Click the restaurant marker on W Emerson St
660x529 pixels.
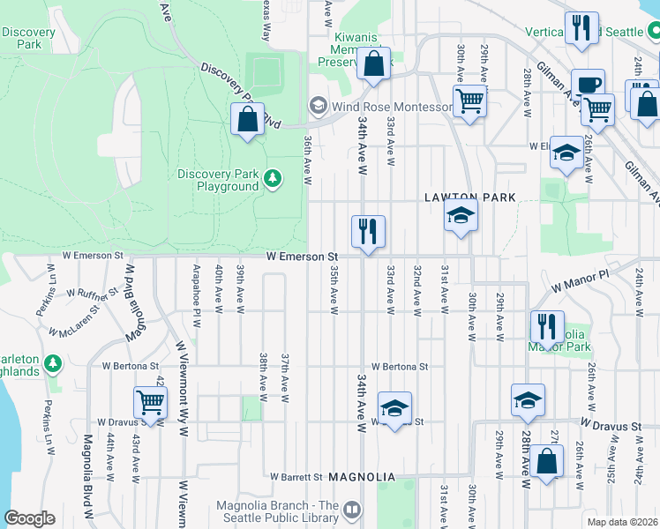pos(367,232)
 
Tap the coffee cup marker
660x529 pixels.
pos(588,85)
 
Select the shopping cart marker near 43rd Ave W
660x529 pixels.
pos(151,403)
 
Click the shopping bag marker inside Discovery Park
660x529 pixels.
pos(248,119)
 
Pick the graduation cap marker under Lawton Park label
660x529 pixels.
pos(461,214)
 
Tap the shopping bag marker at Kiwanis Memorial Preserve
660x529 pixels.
pos(374,63)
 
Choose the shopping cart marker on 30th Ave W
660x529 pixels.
pos(470,101)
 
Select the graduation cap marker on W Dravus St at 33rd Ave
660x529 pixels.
pos(395,407)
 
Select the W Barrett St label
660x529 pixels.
pos(296,477)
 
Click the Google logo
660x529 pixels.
pos(29,518)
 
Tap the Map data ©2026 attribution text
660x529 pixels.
pos(621,521)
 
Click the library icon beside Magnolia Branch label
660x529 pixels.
pos(352,510)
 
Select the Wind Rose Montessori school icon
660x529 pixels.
pos(316,106)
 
